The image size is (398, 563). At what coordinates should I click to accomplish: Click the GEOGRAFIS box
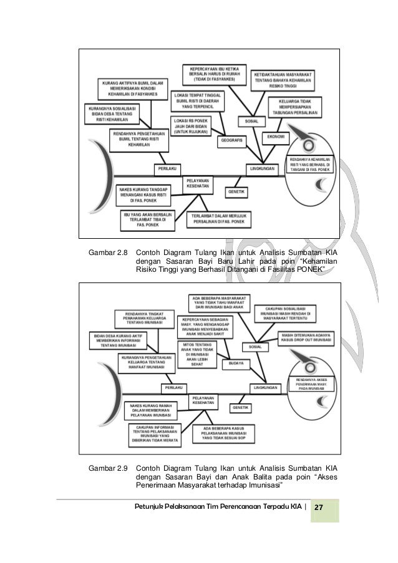point(230,141)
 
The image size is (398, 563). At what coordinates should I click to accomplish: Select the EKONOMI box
point(276,136)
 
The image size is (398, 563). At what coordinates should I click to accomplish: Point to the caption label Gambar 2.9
point(109,466)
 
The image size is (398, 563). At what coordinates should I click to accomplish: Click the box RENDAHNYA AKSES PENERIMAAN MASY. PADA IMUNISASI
point(311,385)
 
